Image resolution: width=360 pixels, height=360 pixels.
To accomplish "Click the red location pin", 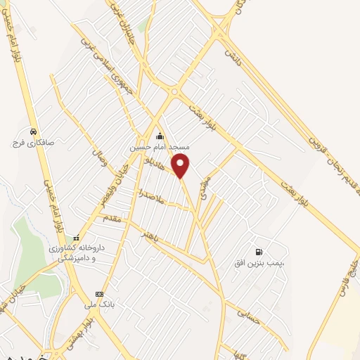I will click(181, 165).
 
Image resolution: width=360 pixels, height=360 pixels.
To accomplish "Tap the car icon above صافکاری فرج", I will click(32, 131).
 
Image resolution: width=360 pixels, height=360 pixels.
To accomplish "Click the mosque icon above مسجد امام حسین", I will click(160, 136).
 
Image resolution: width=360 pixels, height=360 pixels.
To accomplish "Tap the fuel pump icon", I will click(259, 252).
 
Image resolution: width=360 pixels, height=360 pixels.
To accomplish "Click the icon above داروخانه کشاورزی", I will click(76, 237).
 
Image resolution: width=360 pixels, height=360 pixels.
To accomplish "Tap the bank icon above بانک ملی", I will click(99, 294).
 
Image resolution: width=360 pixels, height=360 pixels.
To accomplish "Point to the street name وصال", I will click(97, 148).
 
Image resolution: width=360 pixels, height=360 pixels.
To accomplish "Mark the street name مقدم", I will click(112, 219).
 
